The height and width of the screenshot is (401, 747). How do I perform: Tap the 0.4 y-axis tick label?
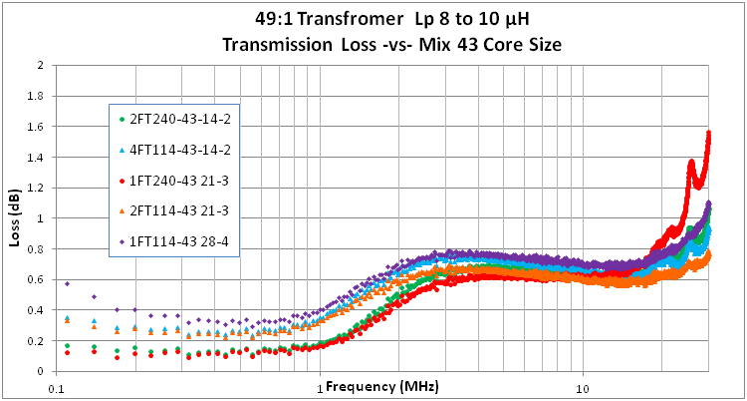40,310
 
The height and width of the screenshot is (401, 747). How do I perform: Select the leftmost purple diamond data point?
67,283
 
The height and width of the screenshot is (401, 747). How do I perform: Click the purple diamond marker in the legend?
122,240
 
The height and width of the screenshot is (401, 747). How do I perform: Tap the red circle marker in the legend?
122,180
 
